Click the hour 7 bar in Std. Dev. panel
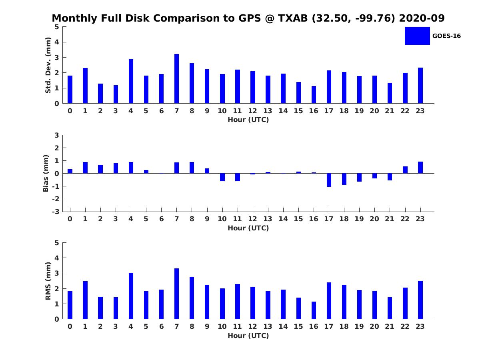(x=176, y=79)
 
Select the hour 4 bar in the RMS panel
(x=131, y=296)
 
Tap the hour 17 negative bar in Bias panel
(x=329, y=180)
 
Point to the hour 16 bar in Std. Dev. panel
(x=314, y=95)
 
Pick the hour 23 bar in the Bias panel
(x=420, y=168)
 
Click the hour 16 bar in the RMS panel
(x=314, y=310)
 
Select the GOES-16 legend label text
(x=446, y=36)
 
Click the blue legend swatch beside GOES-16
(x=417, y=36)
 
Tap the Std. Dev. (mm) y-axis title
(x=48, y=65)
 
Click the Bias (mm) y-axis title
(x=46, y=173)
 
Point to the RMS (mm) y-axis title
(x=48, y=281)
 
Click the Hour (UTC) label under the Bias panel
(x=248, y=228)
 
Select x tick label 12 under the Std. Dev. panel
(x=252, y=111)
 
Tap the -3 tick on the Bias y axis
(x=56, y=212)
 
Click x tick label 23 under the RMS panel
(x=420, y=326)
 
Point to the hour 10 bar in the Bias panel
(x=222, y=177)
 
